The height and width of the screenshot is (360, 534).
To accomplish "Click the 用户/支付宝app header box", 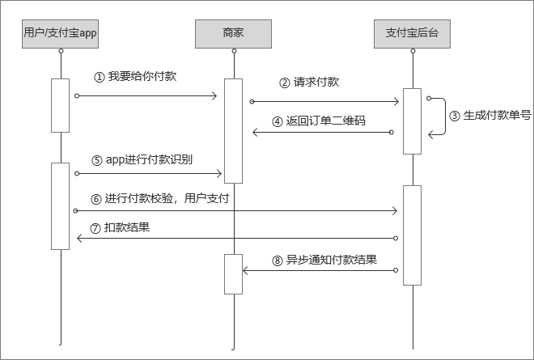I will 61,34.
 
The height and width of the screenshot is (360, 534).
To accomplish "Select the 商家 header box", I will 233,34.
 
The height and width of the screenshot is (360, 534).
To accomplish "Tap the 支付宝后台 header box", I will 413,34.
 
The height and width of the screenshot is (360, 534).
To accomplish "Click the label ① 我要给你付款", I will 135,78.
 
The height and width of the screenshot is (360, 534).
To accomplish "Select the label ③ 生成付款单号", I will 490,115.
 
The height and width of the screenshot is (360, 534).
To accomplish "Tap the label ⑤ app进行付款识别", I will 142,159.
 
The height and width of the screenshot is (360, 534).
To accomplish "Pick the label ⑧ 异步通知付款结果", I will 324,260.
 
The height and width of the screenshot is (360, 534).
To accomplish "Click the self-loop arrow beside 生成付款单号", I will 442,117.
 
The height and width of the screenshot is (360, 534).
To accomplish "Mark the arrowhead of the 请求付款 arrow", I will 396,101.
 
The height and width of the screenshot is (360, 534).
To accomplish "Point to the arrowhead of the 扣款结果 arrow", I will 80,238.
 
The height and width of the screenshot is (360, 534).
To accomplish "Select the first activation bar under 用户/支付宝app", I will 61,105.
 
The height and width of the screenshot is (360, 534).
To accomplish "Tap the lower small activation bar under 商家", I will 233,274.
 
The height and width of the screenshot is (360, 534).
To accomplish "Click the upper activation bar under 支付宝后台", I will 413,121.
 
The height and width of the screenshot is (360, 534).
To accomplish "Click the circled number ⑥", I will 96,198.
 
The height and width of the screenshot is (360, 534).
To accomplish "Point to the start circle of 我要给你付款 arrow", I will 77,96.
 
